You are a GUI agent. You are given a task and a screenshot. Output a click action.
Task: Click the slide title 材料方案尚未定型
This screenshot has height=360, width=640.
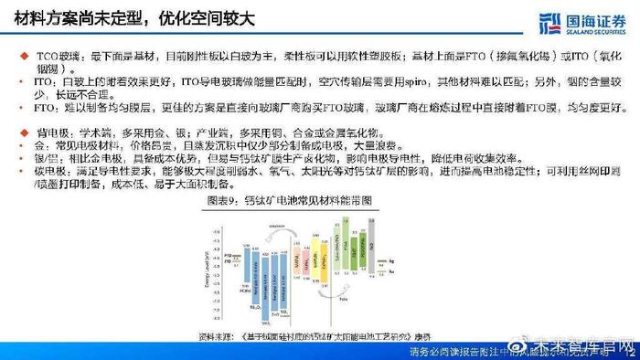click(x=73, y=17)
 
